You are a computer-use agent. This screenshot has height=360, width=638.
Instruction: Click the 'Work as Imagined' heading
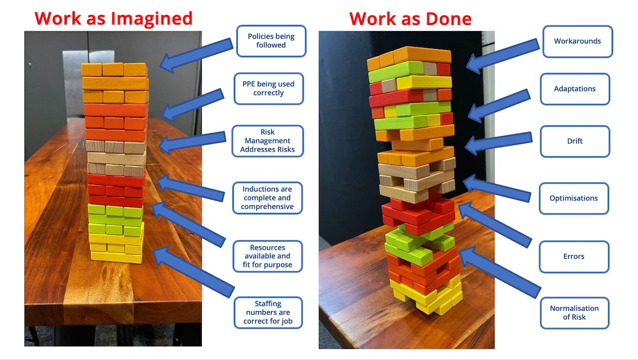(113, 19)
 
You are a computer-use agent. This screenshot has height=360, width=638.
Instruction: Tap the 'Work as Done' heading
(410, 19)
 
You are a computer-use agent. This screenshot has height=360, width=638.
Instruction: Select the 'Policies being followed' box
(271, 41)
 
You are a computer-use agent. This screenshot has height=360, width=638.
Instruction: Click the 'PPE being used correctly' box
(269, 89)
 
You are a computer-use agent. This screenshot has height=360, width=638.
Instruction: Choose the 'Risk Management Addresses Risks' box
(268, 141)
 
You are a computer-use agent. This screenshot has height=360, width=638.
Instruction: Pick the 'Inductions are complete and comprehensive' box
(268, 198)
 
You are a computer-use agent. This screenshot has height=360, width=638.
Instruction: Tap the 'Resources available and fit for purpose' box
(268, 256)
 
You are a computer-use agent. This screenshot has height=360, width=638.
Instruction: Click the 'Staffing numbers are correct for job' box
(268, 313)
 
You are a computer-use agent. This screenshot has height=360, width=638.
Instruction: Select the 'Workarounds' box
(578, 41)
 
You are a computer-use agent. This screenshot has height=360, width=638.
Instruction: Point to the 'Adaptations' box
(575, 89)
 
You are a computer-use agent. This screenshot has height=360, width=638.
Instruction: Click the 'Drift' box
(575, 141)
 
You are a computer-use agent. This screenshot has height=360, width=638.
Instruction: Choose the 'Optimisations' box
(574, 198)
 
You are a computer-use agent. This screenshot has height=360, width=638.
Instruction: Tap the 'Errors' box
(574, 257)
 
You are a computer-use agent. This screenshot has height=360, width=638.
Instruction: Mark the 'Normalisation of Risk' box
(574, 313)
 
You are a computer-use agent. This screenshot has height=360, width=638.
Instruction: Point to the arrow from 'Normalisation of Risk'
(500, 272)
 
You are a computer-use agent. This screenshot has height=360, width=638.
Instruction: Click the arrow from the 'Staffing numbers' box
(194, 272)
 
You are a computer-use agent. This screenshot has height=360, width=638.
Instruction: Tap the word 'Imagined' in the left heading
(152, 19)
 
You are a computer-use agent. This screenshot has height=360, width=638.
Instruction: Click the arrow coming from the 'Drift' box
(498, 143)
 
